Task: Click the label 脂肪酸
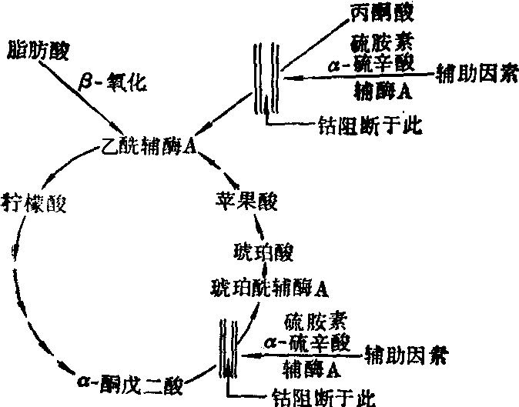(37, 52)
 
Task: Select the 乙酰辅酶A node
(146, 146)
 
